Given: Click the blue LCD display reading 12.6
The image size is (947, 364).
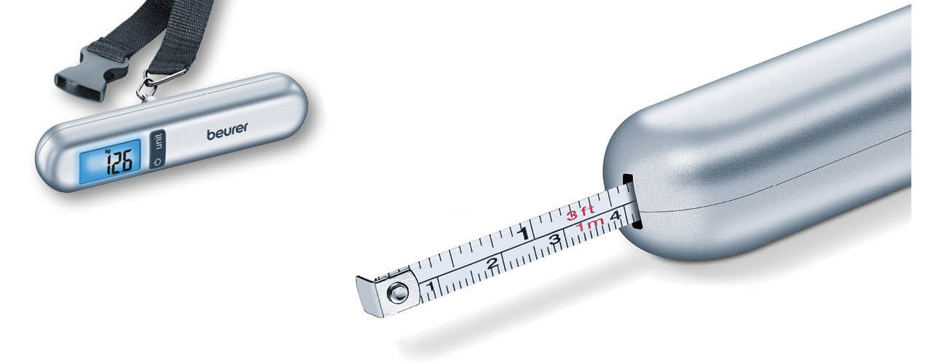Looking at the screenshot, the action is coord(110,162).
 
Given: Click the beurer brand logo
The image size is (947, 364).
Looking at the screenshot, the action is coord(227,131).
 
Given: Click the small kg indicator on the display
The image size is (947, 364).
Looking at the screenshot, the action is coord(107,152).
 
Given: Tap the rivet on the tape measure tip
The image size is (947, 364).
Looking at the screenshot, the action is coord(398,292).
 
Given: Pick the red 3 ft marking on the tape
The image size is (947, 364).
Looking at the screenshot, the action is coord(581,213).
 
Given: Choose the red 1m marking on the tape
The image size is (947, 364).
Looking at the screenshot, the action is coord(590,225).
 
